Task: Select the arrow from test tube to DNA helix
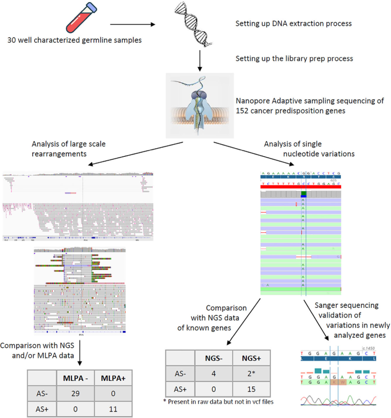click(132, 25)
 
